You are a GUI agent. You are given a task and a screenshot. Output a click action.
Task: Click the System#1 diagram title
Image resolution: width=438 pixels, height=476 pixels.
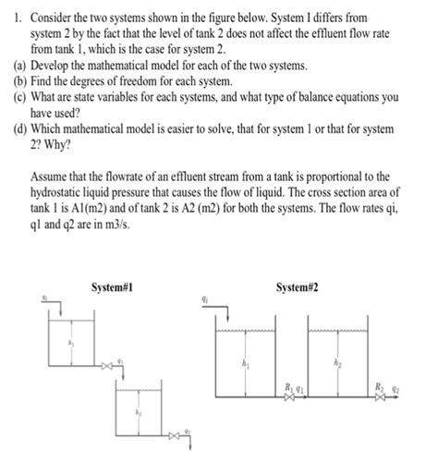114,287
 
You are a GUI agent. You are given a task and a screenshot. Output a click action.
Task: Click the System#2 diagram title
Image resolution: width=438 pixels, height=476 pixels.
298,287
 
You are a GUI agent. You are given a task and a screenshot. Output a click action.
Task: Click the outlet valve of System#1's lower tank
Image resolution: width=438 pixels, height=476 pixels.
174,433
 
